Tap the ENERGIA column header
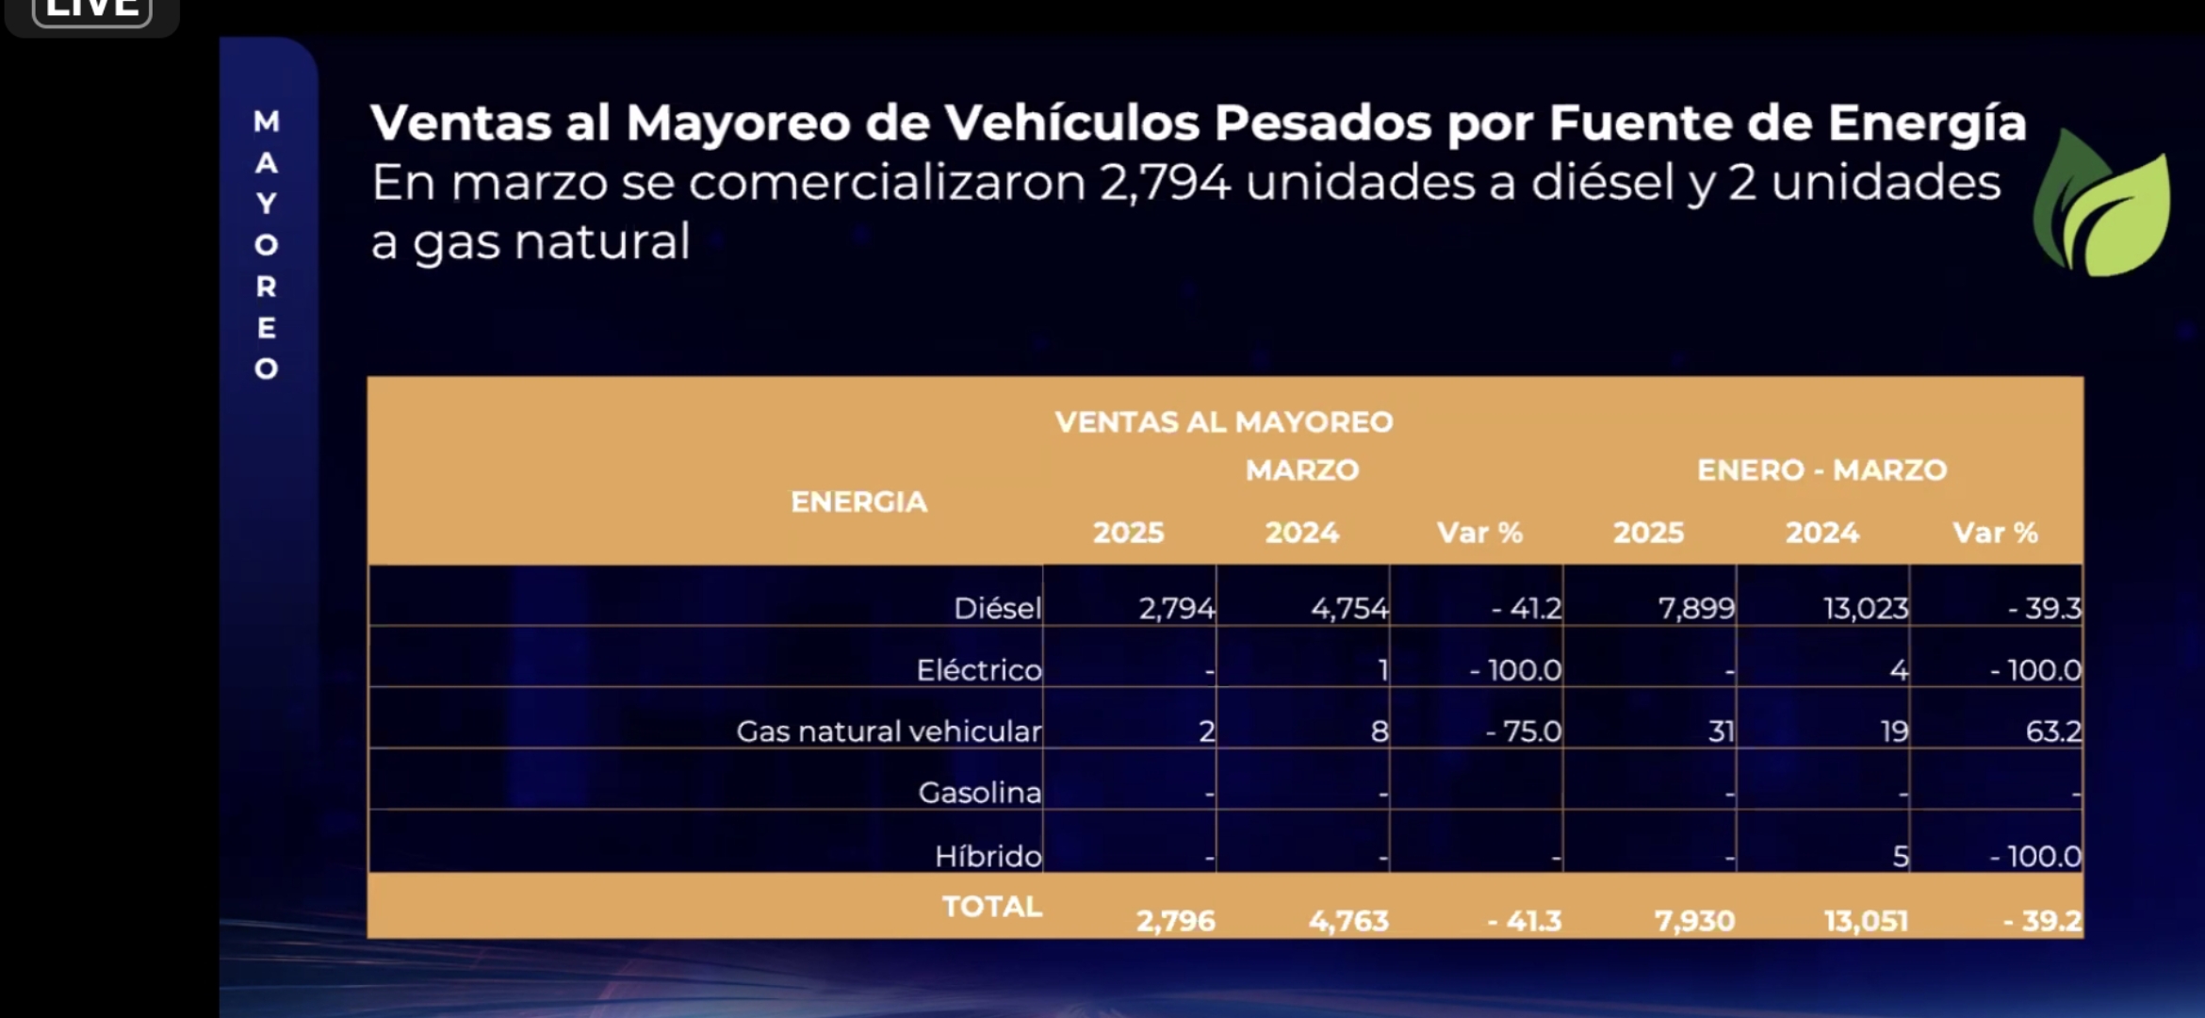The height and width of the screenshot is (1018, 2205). pos(858,501)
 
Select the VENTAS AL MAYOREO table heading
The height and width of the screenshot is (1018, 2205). pos(1223,421)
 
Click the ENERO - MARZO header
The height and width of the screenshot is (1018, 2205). pos(1821,469)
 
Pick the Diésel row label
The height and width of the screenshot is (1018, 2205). pos(997,608)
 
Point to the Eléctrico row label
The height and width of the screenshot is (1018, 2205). pos(978,670)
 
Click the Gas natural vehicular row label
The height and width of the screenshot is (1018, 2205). pos(889,731)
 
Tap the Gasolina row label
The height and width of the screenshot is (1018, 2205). pos(979,793)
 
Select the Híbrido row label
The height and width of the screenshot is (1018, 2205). pos(988,856)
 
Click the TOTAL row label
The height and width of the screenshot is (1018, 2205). pos(991,906)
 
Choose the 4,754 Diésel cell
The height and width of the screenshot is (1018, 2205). pos(1349,608)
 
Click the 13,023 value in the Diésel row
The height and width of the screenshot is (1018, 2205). pos(1866,608)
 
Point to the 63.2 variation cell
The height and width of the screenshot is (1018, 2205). pos(2053,731)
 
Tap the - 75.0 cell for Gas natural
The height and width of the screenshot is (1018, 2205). pos(1523,731)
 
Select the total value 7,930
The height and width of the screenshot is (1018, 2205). pos(1694,920)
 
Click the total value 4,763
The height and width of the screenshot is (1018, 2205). pos(1348,920)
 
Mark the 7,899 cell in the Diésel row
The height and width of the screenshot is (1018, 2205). pos(1696,608)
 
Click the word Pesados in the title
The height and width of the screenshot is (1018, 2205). pos(1322,123)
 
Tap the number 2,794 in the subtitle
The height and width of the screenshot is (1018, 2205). pos(1165,182)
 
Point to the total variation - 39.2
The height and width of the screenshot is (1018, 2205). pos(2042,920)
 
